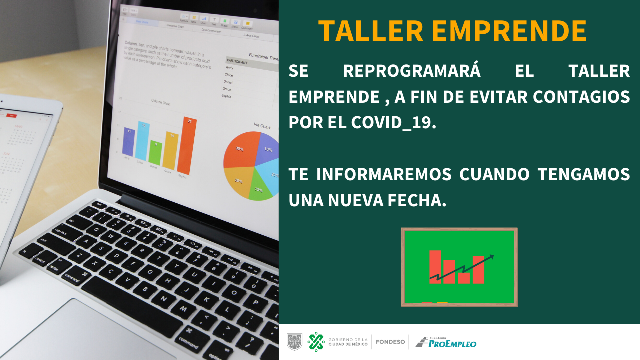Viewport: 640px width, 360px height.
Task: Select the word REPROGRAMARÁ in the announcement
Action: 412,71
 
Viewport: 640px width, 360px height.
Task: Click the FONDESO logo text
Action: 390,342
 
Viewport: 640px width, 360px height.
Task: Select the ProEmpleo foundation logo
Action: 446,342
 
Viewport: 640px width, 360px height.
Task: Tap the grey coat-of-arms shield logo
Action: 294,342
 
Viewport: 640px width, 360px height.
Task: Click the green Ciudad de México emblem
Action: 316,342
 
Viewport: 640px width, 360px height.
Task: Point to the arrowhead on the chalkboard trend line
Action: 491,257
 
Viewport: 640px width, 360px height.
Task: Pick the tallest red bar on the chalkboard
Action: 435,266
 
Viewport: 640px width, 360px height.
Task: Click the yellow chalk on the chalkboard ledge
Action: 442,302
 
